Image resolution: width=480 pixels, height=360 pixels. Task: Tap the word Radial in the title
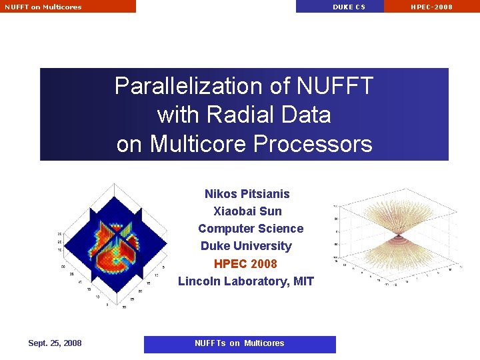(235, 115)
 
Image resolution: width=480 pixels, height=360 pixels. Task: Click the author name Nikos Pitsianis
(247, 194)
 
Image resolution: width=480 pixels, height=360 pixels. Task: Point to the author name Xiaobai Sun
(247, 211)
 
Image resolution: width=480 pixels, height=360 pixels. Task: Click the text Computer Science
(251, 229)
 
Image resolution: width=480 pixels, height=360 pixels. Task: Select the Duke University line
(246, 246)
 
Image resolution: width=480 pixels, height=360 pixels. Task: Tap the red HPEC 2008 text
(245, 263)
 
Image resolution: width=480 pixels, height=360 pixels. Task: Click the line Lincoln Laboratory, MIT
(246, 281)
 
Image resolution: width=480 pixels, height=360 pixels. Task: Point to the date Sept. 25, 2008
(55, 343)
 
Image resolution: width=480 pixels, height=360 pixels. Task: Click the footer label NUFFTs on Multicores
(239, 343)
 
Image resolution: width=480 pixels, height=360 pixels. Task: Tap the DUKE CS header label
(349, 7)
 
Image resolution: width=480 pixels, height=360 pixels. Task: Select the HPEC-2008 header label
(431, 7)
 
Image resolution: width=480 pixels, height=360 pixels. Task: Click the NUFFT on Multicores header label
(43, 7)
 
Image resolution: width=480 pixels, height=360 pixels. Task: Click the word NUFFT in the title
(335, 86)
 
